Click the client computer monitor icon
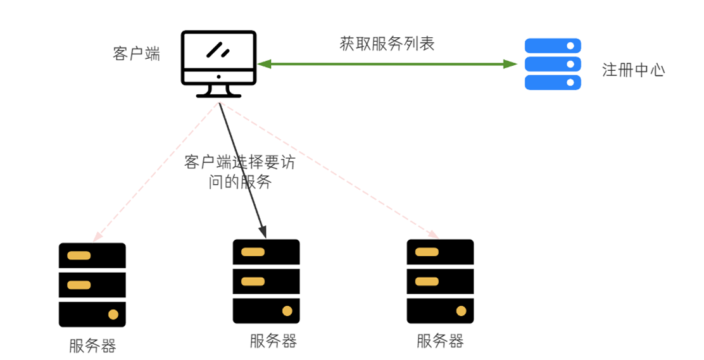point(218,59)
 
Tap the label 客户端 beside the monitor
point(136,54)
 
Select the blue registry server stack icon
point(553,64)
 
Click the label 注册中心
point(633,70)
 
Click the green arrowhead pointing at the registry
point(511,64)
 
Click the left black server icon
point(92,285)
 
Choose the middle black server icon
point(266,281)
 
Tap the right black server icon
point(440,281)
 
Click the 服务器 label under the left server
point(92,346)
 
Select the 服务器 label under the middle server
point(273,341)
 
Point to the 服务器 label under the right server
point(440,342)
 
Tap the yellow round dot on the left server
point(113,314)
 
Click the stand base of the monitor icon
point(218,95)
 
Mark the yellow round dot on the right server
point(461,311)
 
